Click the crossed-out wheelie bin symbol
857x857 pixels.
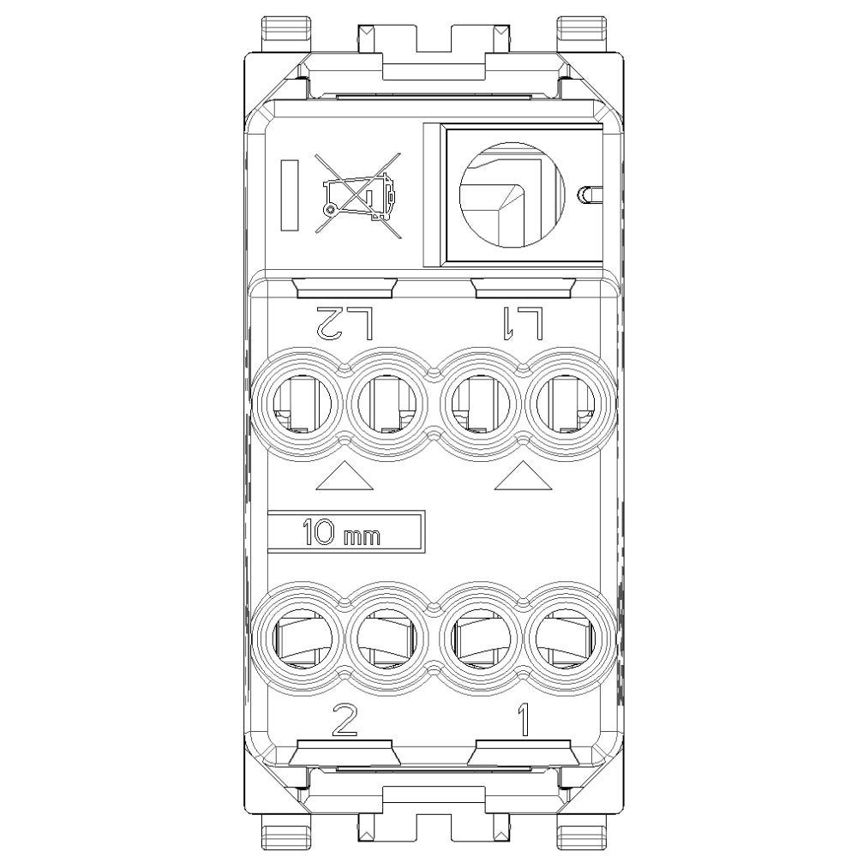pos(358,195)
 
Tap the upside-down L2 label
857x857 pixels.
pos(345,324)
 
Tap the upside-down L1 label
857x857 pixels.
pos(523,324)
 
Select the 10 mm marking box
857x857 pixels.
pos(346,532)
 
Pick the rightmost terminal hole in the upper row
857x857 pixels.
pos(566,405)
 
